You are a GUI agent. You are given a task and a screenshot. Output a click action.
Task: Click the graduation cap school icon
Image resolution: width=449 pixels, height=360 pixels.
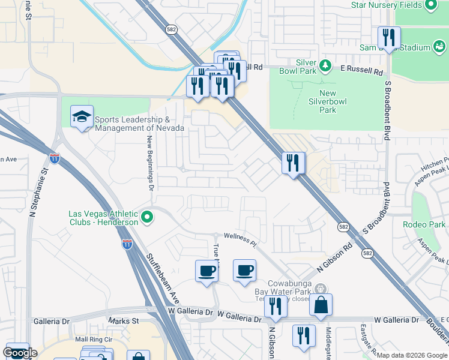pyautogui.click(x=82, y=118)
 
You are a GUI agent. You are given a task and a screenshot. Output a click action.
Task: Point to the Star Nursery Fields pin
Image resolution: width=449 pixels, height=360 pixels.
pyautogui.click(x=430, y=5)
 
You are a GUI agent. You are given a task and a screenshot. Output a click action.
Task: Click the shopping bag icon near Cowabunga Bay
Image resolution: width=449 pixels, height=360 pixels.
pyautogui.click(x=321, y=305)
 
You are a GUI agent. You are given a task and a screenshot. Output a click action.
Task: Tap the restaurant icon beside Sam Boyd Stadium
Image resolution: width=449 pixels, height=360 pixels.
pyautogui.click(x=389, y=38)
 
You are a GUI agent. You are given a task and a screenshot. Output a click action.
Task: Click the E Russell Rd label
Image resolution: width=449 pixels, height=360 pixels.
pyautogui.click(x=361, y=71)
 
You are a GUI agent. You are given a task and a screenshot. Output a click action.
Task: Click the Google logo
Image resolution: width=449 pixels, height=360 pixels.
pyautogui.click(x=20, y=353)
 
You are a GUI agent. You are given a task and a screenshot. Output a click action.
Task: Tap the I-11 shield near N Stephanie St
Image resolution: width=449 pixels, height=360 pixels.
pyautogui.click(x=55, y=158)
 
